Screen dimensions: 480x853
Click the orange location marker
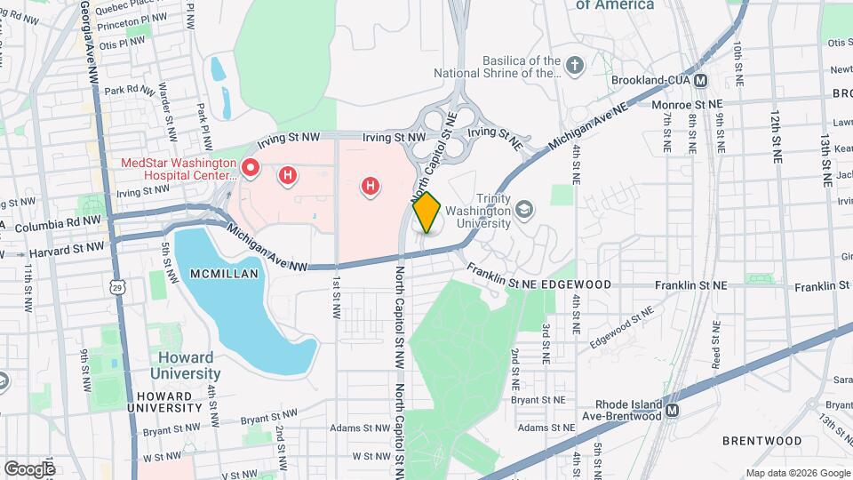[x=426, y=212]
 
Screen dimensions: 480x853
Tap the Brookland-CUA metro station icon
[x=701, y=81]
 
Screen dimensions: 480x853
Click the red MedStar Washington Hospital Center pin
[x=251, y=166]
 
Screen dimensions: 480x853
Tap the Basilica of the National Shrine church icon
[x=575, y=64]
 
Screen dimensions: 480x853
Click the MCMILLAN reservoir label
[x=225, y=274]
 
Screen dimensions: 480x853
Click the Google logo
[x=29, y=468]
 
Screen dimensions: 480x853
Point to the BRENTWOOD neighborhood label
[x=761, y=441]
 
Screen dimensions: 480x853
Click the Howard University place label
[x=185, y=365]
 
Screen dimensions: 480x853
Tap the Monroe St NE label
[x=689, y=104]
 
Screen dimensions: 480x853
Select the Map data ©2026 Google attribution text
[x=796, y=473]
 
